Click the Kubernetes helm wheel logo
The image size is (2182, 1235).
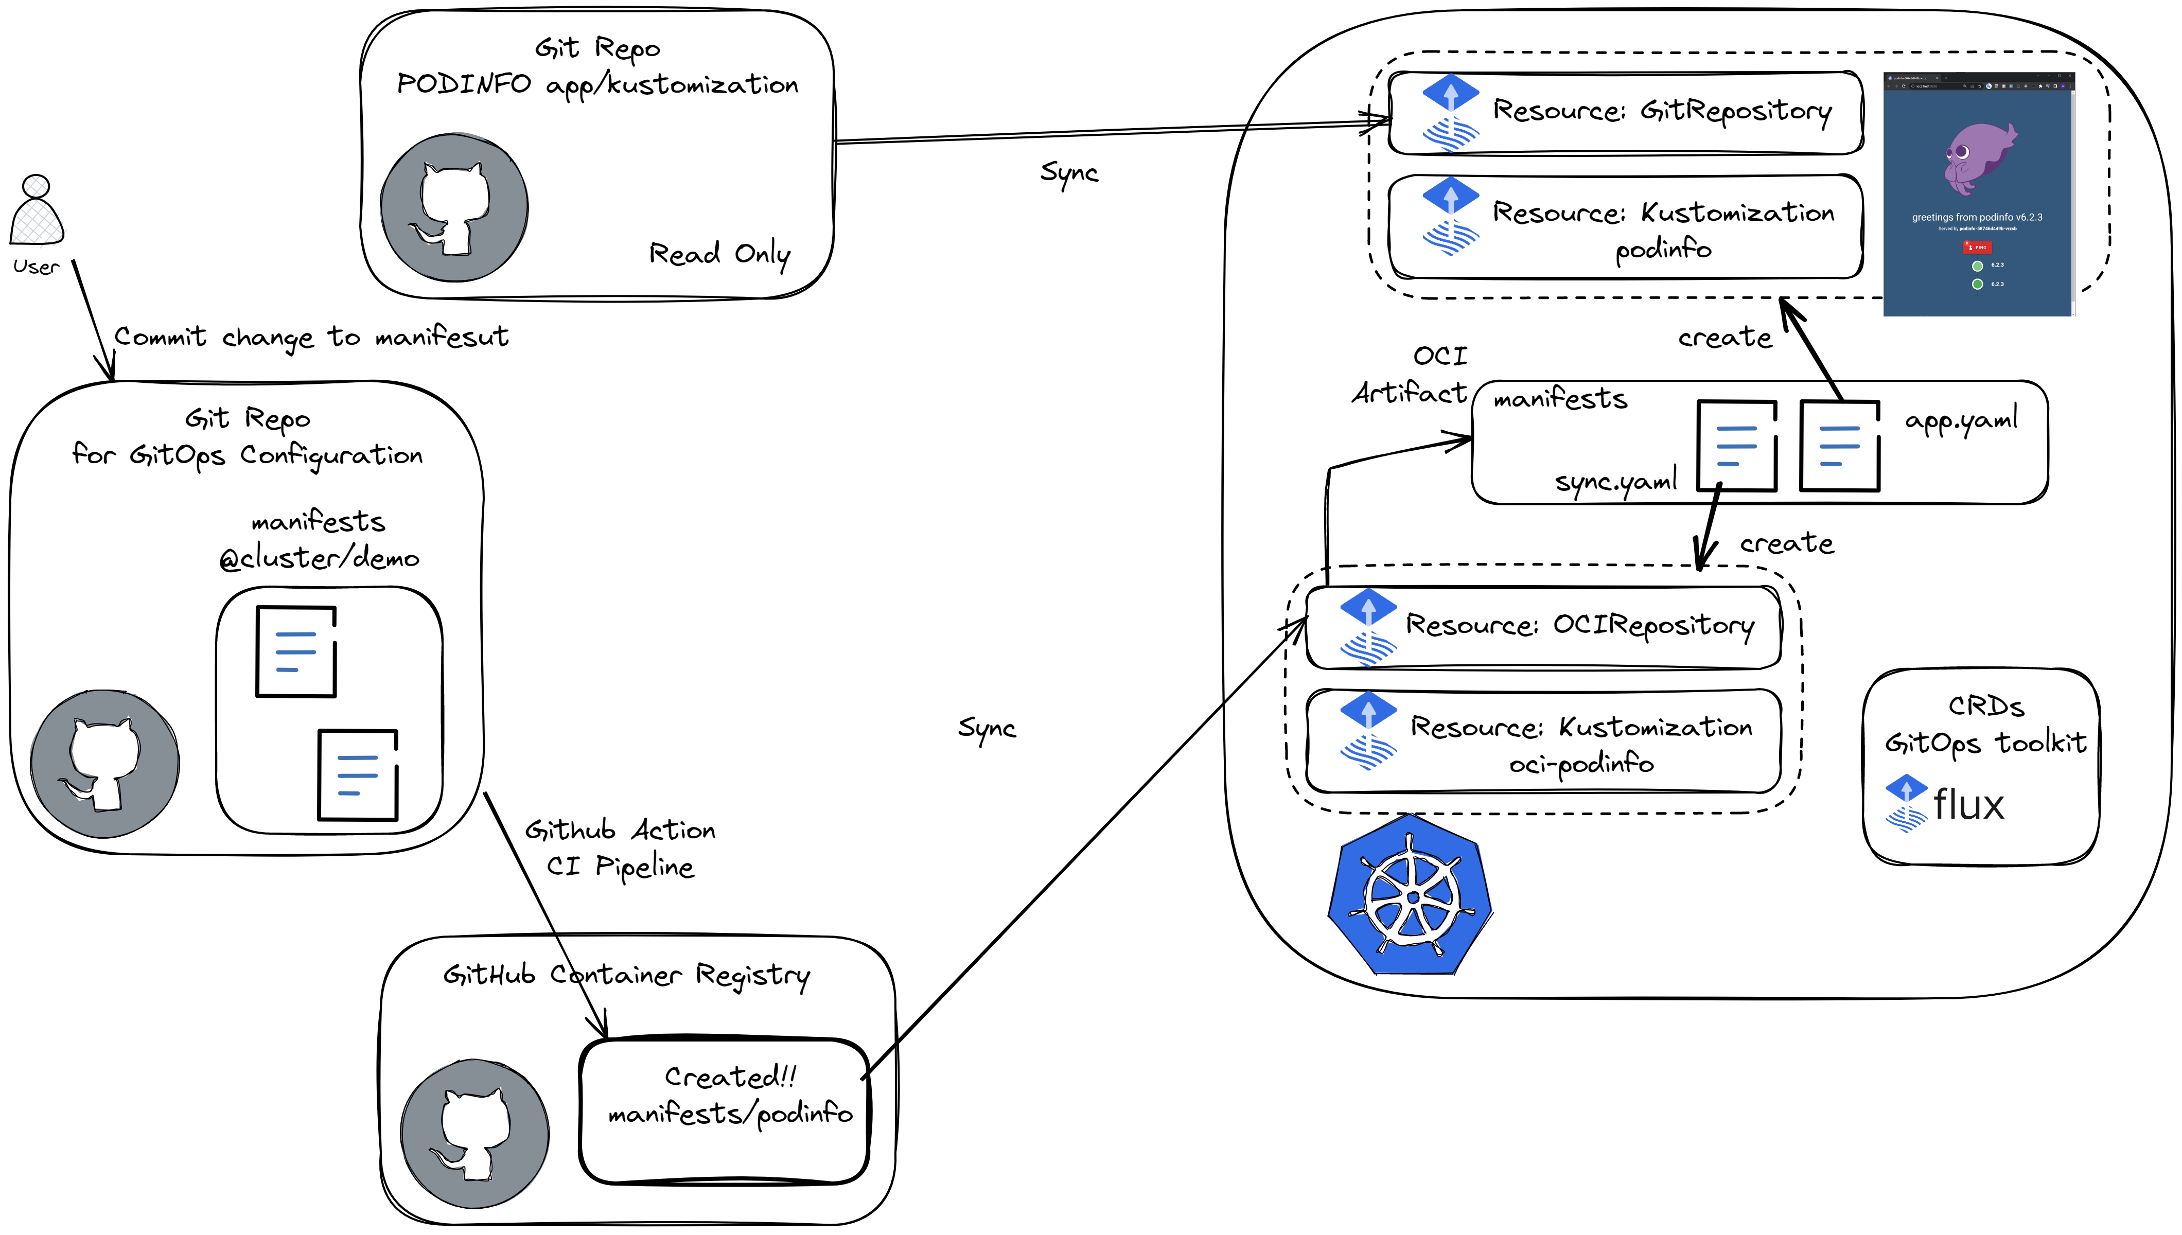1410,895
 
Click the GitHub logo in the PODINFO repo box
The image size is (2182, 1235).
454,208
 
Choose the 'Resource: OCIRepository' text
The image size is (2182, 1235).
1579,626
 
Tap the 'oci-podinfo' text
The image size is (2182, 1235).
1581,764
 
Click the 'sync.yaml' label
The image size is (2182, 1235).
1615,482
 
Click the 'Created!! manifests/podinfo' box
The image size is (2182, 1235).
725,1110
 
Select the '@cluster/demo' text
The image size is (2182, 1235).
319,559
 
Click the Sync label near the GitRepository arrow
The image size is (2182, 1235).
1068,173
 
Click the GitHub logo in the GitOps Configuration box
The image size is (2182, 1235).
105,764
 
